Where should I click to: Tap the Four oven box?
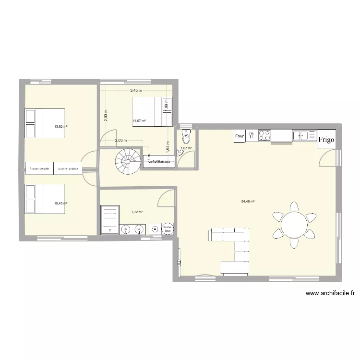(x=240, y=136)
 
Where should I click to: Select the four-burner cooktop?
(x=264, y=136)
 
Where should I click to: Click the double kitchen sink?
(x=304, y=136)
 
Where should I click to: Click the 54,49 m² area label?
(x=248, y=202)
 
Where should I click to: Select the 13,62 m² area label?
(x=60, y=127)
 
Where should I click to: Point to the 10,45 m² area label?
(x=60, y=203)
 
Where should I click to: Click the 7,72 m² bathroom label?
(x=137, y=212)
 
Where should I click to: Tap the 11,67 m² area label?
(x=139, y=121)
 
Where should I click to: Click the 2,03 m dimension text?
(x=121, y=141)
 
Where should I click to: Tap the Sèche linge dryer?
(x=168, y=229)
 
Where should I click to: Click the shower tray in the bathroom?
(x=109, y=220)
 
